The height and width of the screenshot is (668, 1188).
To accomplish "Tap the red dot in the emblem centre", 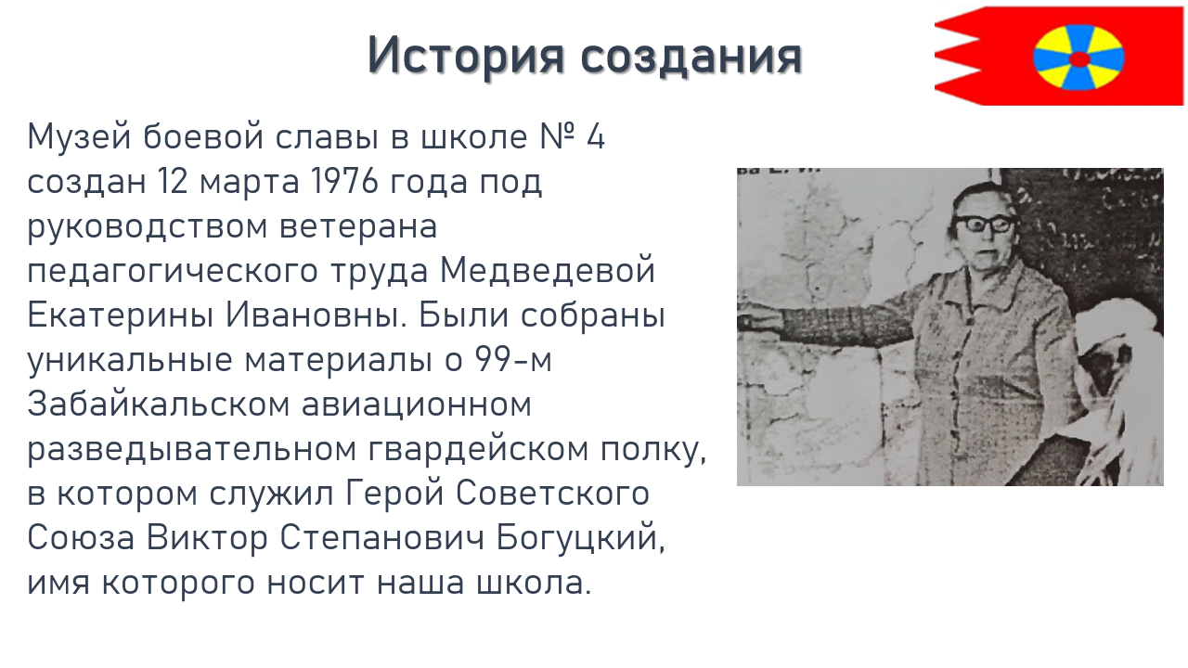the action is [x=1079, y=58].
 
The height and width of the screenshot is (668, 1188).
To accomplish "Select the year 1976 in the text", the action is [x=344, y=181].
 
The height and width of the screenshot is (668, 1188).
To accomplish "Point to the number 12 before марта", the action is [x=173, y=181].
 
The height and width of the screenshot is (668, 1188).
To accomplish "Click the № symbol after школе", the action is [x=557, y=136].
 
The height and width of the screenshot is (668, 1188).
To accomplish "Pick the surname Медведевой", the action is [x=548, y=270].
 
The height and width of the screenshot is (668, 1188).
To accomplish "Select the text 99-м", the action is [x=513, y=359].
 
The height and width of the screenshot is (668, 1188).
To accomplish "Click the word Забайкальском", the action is [x=159, y=404].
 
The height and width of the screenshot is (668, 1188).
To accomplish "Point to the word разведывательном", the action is [x=191, y=450].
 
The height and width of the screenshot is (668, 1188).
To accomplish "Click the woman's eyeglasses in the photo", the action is [x=985, y=225].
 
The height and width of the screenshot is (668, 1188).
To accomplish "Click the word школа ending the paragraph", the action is [x=533, y=584].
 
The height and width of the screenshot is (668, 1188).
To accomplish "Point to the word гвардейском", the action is [x=478, y=450].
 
